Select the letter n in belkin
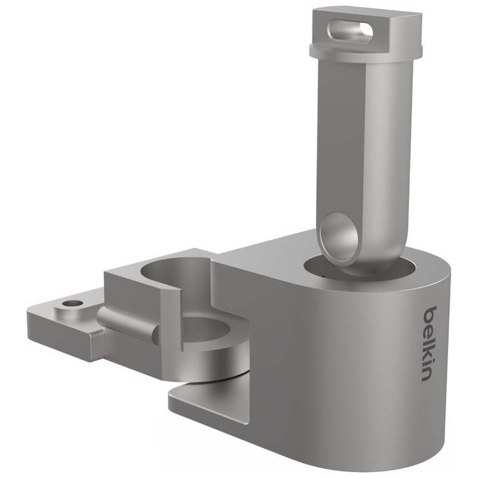click(427, 375)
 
